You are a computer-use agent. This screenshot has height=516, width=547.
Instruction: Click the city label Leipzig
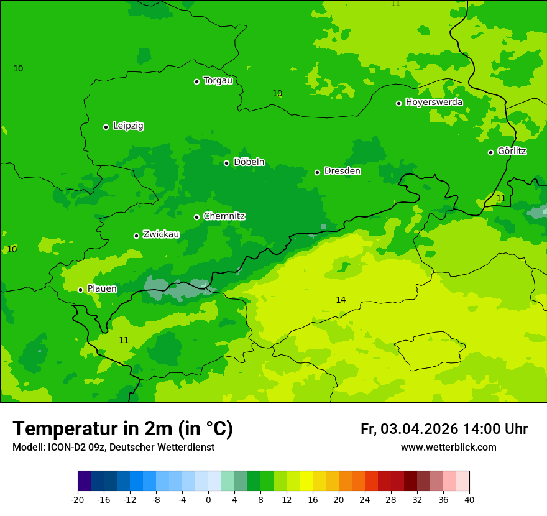click(x=128, y=126)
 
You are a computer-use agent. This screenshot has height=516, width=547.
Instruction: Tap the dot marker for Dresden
click(x=317, y=172)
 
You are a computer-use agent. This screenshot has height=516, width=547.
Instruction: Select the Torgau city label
click(x=218, y=80)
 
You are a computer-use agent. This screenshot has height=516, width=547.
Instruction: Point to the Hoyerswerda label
click(x=434, y=102)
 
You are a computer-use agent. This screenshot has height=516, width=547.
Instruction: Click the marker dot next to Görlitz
click(x=490, y=152)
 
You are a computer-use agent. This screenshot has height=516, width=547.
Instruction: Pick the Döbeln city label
click(x=249, y=162)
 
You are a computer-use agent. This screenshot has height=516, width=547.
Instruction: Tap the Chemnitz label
click(x=224, y=216)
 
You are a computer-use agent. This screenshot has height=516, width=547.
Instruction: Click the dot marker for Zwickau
click(x=136, y=236)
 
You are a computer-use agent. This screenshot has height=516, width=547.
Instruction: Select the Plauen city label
click(x=102, y=288)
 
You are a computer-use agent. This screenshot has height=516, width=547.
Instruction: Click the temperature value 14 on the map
click(x=341, y=300)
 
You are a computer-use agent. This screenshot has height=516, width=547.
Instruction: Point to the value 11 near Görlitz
click(x=501, y=198)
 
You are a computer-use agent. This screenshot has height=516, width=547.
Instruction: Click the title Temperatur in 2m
click(x=122, y=428)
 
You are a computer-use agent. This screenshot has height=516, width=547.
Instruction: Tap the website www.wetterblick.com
click(x=448, y=447)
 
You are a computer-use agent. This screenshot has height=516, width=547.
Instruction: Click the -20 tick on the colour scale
click(x=77, y=499)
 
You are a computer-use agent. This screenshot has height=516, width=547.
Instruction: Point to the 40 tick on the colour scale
click(x=469, y=499)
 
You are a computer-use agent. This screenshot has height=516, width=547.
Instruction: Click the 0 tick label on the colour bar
click(x=208, y=499)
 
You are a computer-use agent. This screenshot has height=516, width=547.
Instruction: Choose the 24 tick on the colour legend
click(x=365, y=499)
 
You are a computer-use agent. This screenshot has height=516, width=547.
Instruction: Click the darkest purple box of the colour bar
click(x=84, y=481)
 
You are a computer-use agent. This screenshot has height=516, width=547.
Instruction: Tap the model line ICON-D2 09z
click(x=113, y=447)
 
